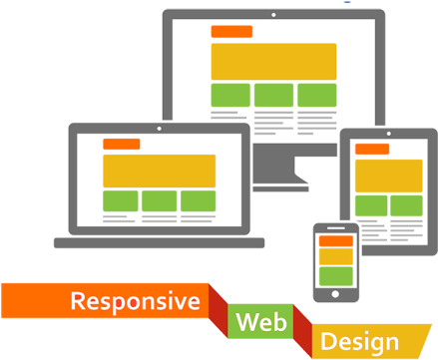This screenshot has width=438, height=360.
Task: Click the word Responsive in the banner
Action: (135, 301)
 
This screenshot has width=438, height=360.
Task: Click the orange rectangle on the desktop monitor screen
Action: (231, 32)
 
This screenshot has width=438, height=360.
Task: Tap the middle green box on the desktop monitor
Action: (273, 95)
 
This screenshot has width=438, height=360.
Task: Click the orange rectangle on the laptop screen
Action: (122, 145)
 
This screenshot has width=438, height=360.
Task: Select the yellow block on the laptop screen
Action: (160, 170)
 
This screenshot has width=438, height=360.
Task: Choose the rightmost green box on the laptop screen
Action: (198, 200)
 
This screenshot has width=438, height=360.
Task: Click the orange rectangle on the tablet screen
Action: (372, 150)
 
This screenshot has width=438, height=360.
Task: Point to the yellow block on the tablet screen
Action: (388, 176)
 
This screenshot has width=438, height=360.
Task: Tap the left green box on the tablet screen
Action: (372, 205)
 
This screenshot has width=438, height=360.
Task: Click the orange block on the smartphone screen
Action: (336, 240)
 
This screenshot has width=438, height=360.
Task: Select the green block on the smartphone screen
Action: (336, 274)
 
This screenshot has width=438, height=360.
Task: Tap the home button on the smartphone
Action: (336, 294)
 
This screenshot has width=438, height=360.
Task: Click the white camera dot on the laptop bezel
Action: (160, 129)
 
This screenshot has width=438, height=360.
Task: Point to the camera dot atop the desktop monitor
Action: (273, 15)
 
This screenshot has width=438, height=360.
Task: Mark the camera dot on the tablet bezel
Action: (388, 136)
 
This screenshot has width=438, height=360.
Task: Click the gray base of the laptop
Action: (160, 242)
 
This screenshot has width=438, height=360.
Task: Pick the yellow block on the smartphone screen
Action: (336, 256)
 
